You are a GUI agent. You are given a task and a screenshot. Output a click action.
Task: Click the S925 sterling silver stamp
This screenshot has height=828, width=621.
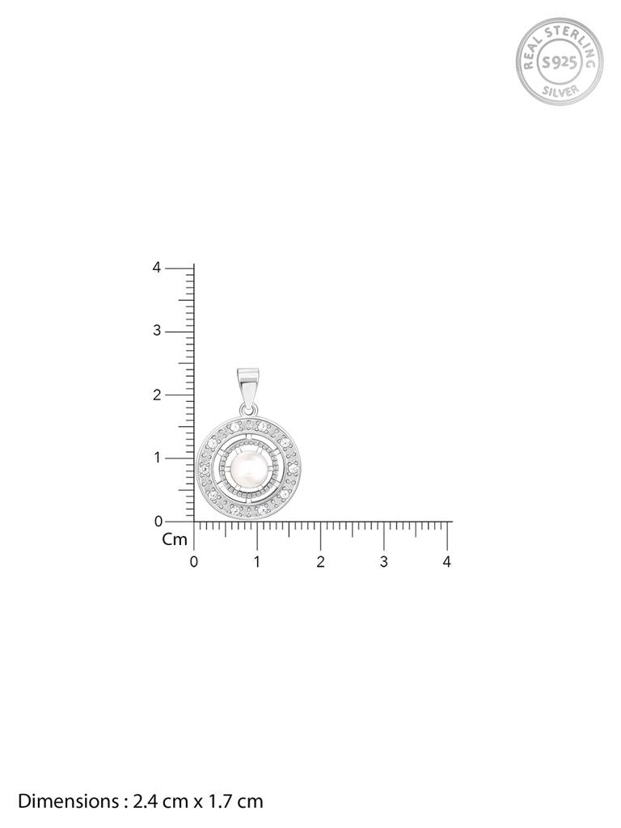pos(560,61)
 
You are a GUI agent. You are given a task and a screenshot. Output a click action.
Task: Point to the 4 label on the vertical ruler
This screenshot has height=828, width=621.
pos(157,268)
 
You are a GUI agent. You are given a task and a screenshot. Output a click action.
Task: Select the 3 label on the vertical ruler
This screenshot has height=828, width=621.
pos(157,332)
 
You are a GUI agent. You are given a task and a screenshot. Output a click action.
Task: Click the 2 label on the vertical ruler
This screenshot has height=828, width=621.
pos(157,395)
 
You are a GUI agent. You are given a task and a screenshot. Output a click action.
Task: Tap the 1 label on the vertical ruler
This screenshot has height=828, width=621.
pos(157,458)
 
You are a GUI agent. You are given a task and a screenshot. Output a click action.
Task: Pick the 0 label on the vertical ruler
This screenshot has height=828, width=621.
pos(157,522)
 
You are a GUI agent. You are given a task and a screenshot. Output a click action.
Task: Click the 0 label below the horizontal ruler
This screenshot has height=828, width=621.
pos(193,562)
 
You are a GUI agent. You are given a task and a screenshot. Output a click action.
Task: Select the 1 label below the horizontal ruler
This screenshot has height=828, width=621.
pos(257,562)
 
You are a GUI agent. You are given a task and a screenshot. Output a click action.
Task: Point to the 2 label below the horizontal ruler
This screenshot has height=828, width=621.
pos(320,562)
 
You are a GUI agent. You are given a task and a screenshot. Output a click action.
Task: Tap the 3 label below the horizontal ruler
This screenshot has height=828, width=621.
pos(384,562)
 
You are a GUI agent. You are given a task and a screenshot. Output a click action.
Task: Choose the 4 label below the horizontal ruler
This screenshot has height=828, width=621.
pos(447,562)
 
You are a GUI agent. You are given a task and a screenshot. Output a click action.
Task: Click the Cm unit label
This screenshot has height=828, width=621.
pos(174,539)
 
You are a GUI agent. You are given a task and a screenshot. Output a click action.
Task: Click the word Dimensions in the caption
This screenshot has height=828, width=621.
pos(67,801)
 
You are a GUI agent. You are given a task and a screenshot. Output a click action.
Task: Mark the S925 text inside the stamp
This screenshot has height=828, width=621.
pos(560,61)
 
